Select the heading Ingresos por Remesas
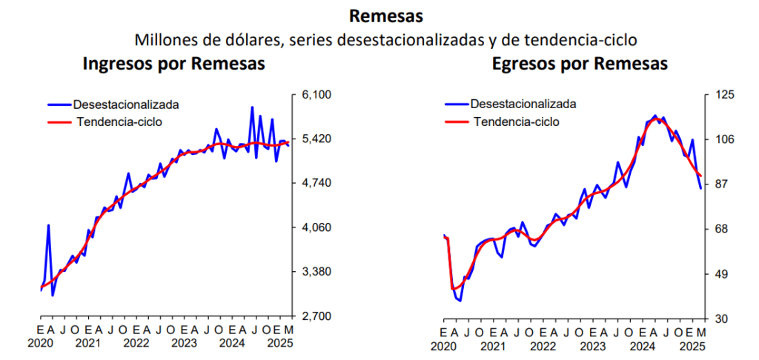click(173, 64)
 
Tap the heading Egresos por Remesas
click(580, 64)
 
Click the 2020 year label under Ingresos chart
click(41, 344)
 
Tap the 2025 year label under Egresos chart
click(692, 345)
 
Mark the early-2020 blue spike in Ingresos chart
click(49, 225)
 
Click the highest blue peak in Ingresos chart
click(252, 107)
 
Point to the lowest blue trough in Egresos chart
click(460, 301)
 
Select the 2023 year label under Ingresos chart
click(184, 344)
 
